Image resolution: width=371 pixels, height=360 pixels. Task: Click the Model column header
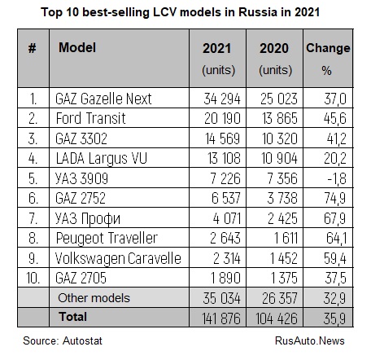(77, 47)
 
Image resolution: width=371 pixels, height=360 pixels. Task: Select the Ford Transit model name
(90, 118)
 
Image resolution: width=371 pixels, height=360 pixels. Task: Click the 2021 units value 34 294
(222, 99)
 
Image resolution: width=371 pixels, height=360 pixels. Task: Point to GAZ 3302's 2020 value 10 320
(280, 138)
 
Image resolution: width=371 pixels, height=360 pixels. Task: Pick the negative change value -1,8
(337, 178)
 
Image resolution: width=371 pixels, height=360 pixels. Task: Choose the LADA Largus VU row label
(101, 159)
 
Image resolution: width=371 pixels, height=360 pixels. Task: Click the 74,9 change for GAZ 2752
(335, 198)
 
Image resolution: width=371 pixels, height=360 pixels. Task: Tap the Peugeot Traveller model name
(107, 239)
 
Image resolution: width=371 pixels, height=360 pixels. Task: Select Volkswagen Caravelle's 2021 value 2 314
(227, 258)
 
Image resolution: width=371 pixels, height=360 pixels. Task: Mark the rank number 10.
(33, 278)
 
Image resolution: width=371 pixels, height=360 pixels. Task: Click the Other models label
(94, 298)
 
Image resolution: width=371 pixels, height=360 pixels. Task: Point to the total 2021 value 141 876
(221, 318)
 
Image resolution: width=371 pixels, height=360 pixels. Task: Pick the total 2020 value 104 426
(277, 318)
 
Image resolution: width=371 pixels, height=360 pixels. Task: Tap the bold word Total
(72, 317)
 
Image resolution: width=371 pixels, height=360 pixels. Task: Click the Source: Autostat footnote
(63, 340)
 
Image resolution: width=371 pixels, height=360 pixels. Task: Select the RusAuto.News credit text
(310, 340)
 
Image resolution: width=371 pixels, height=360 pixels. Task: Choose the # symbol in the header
(32, 48)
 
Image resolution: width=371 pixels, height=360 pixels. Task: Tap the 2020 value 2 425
(282, 218)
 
